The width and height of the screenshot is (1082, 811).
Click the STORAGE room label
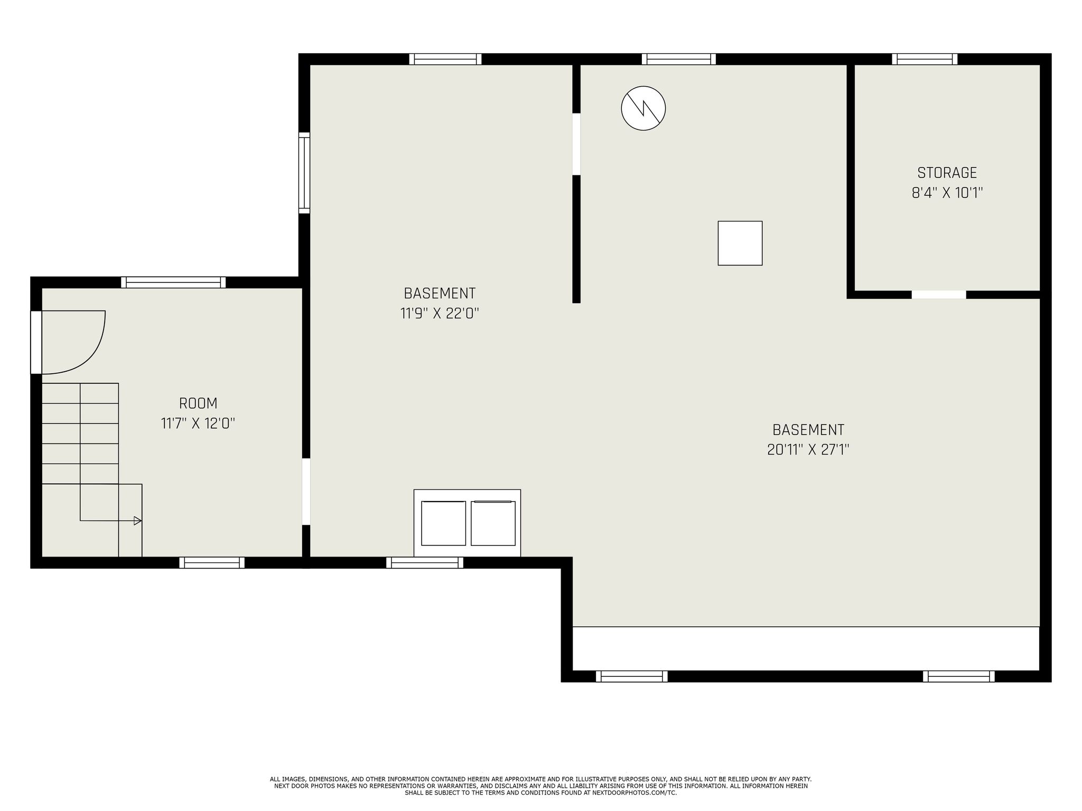(947, 173)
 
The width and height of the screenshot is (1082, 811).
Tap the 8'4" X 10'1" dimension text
(947, 193)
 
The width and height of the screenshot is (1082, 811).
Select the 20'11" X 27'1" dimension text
(808, 449)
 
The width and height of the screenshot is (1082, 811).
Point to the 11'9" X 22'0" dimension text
(439, 314)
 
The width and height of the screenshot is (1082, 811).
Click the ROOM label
(198, 403)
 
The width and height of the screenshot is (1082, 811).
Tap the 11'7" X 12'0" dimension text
(198, 423)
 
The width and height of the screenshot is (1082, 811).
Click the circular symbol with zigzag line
(643, 108)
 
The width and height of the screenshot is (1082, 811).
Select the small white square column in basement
(740, 243)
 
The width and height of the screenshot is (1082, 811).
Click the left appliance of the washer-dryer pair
(443, 523)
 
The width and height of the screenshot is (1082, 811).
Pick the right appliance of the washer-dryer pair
(493, 523)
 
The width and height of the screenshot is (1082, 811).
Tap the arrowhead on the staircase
(137, 521)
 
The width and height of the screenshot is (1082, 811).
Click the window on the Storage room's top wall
(925, 59)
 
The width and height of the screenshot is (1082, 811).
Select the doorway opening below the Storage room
(939, 295)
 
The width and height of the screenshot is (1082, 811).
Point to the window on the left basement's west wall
(304, 173)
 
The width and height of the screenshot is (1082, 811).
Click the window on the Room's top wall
(173, 282)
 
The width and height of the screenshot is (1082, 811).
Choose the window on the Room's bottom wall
(212, 563)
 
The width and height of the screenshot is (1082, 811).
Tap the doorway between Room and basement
(306, 492)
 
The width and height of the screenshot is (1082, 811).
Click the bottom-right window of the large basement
(958, 676)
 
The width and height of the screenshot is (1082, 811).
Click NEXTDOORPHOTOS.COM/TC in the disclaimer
(634, 793)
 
